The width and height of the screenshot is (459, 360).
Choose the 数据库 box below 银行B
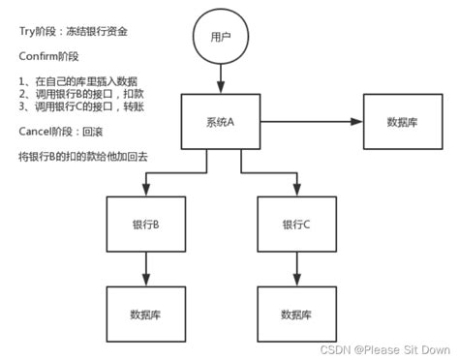coord(145,315)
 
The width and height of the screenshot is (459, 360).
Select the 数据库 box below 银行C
coord(295,315)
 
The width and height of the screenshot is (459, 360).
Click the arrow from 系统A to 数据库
coord(310,121)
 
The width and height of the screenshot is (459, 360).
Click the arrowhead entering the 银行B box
coord(145,190)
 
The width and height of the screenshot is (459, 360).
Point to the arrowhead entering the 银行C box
coord(295,190)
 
